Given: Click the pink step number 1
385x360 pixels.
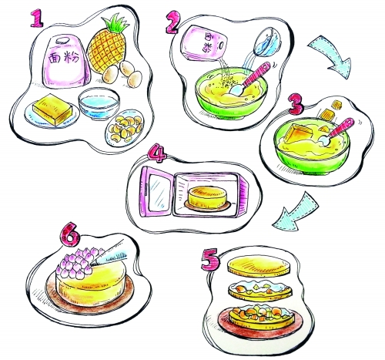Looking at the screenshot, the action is point(37,18).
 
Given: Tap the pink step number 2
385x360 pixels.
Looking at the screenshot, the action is point(172,22).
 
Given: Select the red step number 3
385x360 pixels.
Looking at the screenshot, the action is point(296,105).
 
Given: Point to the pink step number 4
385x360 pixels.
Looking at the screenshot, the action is point(157,153).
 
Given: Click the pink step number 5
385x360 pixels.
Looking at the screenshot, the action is point(210,259).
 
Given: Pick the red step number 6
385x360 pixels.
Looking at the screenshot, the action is point(70,234).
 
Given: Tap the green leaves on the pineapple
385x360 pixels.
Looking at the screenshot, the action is point(116,25).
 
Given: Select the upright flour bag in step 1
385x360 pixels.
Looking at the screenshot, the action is point(66,61).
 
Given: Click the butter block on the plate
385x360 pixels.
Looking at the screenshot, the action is point(52,109).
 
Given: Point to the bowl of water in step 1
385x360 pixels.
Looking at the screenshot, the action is point(99,103).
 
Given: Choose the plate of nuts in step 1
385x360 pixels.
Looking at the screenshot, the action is point(124,127).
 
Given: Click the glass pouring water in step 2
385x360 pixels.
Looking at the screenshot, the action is point(267,42).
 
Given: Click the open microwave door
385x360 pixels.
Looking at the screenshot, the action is point(156,192).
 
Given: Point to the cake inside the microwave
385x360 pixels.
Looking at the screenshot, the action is point(207,198).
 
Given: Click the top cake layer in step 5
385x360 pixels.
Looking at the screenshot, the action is point(259,266).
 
